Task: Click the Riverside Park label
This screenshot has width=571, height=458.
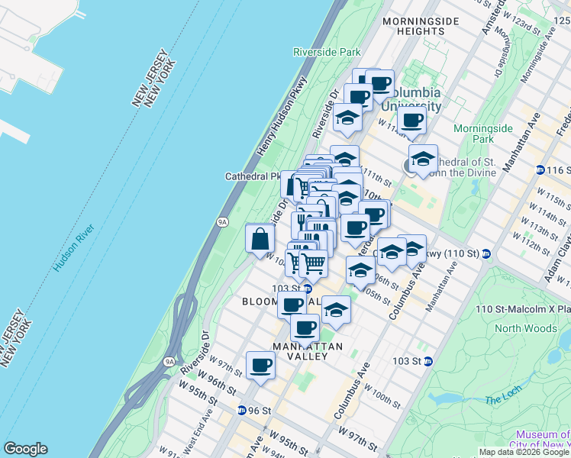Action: coord(327,52)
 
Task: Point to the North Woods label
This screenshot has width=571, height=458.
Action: coord(526,329)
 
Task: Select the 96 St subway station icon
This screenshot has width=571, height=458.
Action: coord(242,410)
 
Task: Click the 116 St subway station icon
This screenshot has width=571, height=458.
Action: coord(540,169)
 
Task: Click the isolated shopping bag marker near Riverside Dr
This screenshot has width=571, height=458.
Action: coord(260,239)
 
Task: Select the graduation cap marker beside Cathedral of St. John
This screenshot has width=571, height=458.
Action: coord(422,160)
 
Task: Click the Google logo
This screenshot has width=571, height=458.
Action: coord(25,449)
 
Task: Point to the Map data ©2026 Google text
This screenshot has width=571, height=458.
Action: coord(524,452)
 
